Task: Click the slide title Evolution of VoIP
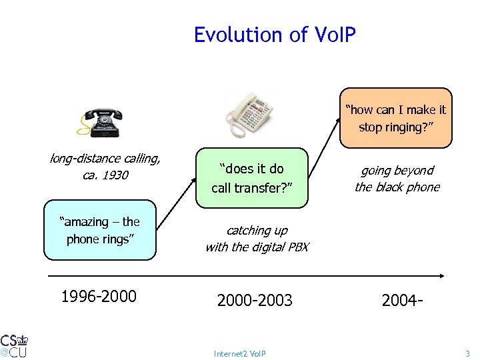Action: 275,35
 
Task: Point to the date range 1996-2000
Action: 99,296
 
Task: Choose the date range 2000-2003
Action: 255,301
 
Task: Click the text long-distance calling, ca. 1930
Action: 105,167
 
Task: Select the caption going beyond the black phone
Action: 397,179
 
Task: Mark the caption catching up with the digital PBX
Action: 257,239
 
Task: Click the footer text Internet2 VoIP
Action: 239,353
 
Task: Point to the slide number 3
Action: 467,353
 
